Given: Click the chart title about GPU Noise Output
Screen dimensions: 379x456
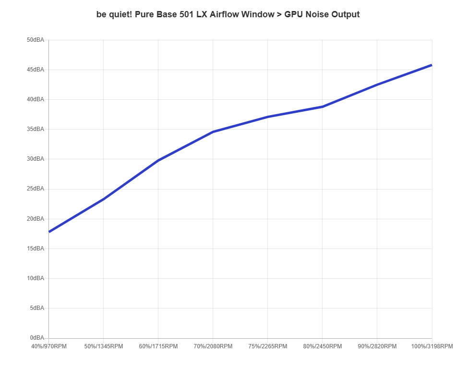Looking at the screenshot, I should [228, 14].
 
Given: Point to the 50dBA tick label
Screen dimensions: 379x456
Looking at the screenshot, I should [36, 40].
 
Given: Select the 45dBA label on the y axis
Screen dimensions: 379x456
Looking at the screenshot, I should [36, 70].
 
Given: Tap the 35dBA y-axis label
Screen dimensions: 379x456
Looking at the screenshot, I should [36, 129].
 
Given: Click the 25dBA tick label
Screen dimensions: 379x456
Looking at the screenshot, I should [36, 189].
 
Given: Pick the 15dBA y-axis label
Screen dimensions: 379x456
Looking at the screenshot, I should [36, 249].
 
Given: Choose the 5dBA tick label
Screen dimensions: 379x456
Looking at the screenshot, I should [36, 308].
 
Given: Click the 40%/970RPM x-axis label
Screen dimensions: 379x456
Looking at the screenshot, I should [49, 346].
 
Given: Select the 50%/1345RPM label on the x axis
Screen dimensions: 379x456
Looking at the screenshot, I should [104, 346].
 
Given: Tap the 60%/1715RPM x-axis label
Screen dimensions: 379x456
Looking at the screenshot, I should [158, 346].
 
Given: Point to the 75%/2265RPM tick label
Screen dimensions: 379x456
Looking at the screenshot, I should [268, 346].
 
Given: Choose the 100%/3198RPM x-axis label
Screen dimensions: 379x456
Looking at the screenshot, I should [432, 346].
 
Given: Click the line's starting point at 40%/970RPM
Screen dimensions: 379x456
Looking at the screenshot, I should [49, 232].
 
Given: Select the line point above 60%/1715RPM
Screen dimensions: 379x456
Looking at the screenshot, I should [158, 159].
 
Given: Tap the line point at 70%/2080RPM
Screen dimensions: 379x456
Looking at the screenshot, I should [213, 131].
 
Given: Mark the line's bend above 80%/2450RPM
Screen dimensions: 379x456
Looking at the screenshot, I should [323, 107].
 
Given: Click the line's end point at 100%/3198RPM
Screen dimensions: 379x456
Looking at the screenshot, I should [432, 65].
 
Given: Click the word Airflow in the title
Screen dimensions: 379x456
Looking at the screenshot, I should [224, 14].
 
